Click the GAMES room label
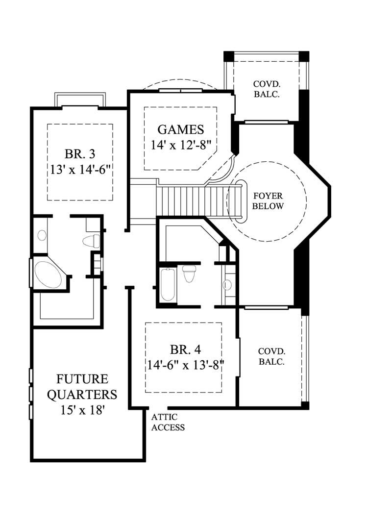click(x=180, y=129)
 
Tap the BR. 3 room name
click(x=79, y=154)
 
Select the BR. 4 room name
click(x=186, y=349)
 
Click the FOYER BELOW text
click(x=268, y=200)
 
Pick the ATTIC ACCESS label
click(x=168, y=422)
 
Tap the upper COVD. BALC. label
click(x=267, y=89)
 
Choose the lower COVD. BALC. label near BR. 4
click(x=272, y=357)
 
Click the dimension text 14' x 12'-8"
click(x=181, y=146)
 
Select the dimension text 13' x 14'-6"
click(x=79, y=170)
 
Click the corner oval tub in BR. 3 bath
click(x=48, y=274)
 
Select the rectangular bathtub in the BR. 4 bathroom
click(x=168, y=284)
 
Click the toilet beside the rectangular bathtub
click(x=189, y=273)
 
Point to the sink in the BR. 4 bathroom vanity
click(x=227, y=284)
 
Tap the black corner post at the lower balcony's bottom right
click(x=305, y=405)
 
